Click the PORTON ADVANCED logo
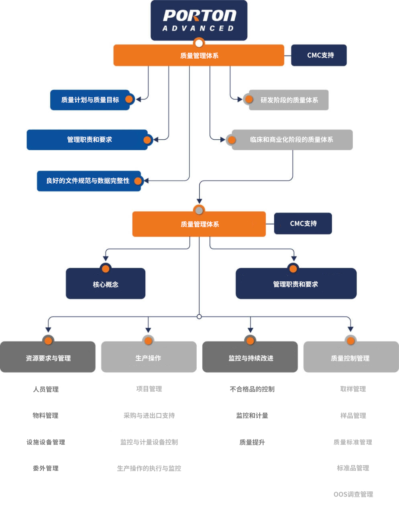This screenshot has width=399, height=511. click(199, 20)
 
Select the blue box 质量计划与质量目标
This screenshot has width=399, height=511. click(90, 100)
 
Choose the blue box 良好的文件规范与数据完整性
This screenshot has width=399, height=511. click(89, 181)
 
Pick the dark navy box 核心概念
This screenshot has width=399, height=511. click(106, 283)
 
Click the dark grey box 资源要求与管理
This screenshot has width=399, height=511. click(48, 357)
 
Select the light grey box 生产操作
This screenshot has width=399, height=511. click(149, 357)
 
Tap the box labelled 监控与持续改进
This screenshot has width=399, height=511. click(250, 357)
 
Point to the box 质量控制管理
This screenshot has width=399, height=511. click(351, 357)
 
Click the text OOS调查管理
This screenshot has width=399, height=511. click(353, 494)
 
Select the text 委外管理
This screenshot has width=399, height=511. click(46, 468)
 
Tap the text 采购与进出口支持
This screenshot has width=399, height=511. click(149, 415)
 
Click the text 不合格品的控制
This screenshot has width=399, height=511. click(252, 389)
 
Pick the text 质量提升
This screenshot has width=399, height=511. click(252, 442)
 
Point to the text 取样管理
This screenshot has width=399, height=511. click(353, 389)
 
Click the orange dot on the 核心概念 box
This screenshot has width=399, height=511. click(106, 269)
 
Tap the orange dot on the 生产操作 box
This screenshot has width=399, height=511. click(149, 341)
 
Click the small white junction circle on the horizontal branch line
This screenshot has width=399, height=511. click(199, 317)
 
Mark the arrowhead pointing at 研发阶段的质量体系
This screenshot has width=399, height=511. click(240, 100)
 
